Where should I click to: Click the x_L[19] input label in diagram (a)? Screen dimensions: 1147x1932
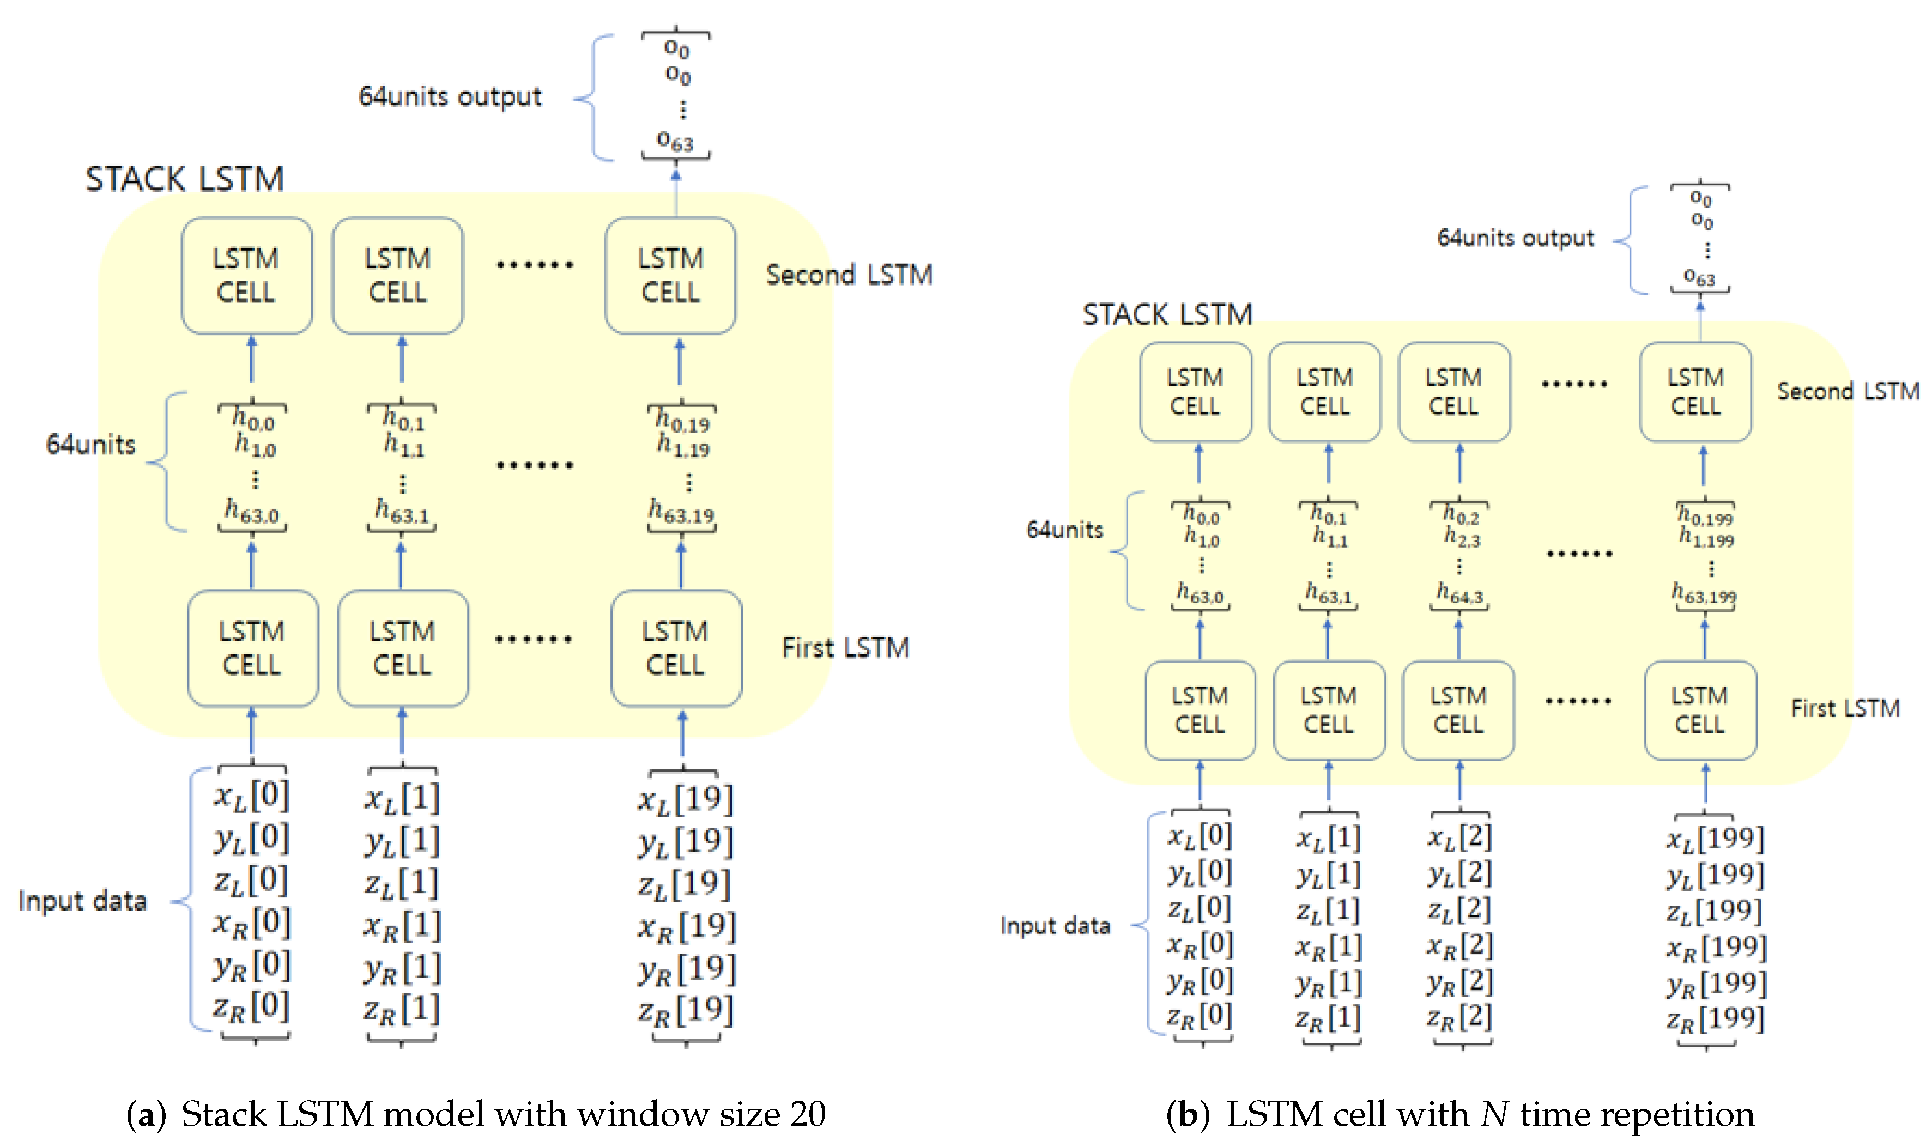[685, 798]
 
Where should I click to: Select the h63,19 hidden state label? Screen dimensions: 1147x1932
[681, 512]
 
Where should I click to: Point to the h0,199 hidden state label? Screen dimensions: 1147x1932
[1705, 515]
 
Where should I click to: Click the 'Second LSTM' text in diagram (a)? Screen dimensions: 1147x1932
[849, 275]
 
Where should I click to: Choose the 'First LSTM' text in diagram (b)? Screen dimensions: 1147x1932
[1845, 708]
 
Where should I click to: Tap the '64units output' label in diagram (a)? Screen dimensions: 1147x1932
[450, 96]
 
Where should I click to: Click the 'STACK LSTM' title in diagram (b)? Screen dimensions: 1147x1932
[1167, 314]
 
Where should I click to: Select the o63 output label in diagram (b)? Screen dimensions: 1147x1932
[1699, 276]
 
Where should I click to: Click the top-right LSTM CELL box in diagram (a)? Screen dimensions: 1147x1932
[670, 275]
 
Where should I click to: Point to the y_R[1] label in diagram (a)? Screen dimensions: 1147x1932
[402, 968]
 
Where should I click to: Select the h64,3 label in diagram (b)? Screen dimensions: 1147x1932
[1459, 593]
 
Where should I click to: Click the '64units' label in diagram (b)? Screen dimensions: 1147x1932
[1064, 530]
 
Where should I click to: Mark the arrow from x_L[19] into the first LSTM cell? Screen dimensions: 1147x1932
[682, 735]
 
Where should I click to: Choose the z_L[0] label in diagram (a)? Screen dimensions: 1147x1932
[251, 881]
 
